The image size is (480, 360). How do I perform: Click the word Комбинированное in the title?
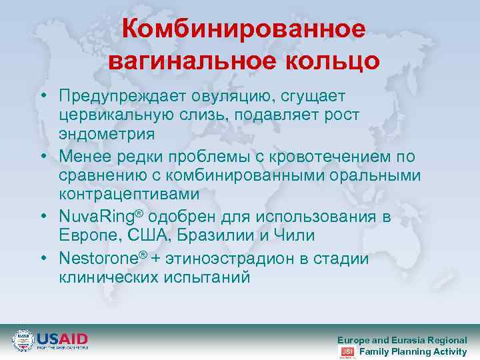click(244, 29)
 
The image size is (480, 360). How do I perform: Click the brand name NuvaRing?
click(97, 217)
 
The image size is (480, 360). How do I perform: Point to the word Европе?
click(84, 235)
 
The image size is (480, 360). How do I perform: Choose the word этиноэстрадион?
click(228, 259)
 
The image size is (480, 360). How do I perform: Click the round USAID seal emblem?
click(23, 340)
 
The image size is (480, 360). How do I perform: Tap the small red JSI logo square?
click(347, 351)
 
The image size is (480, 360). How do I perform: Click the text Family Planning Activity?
click(413, 351)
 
